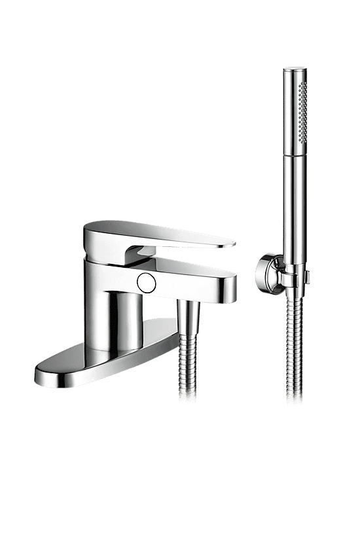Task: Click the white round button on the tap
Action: tap(145, 283)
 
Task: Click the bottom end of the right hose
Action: tap(293, 396)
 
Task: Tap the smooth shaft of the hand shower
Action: tap(292, 196)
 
